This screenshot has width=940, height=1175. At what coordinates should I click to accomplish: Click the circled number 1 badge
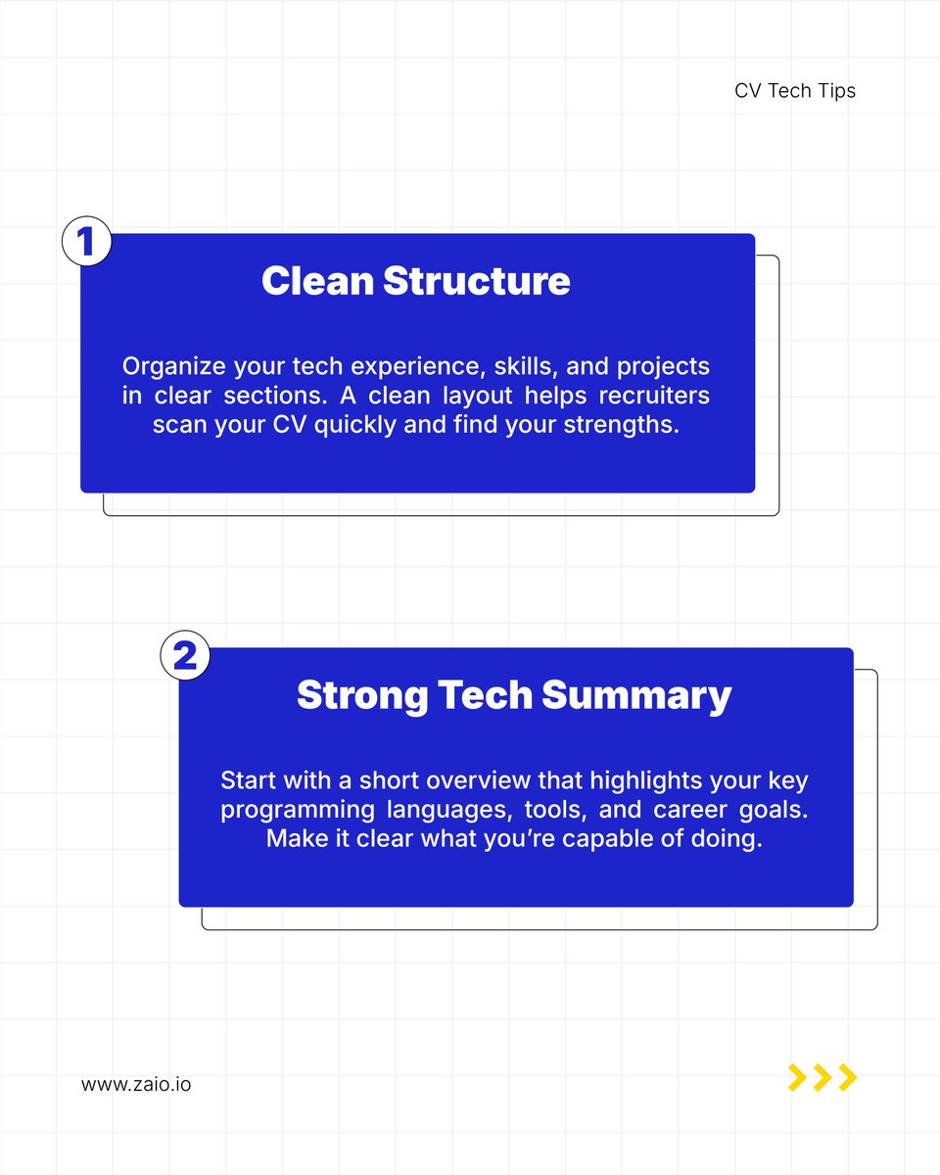pyautogui.click(x=86, y=242)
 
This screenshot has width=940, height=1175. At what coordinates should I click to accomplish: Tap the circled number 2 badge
pyautogui.click(x=185, y=655)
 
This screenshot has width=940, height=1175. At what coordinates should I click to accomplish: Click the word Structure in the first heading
pyautogui.click(x=476, y=281)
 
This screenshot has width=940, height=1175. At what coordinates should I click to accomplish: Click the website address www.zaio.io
pyautogui.click(x=136, y=1085)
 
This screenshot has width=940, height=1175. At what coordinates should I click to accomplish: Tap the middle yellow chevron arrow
pyautogui.click(x=822, y=1077)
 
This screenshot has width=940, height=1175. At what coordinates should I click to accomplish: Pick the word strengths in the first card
pyautogui.click(x=627, y=427)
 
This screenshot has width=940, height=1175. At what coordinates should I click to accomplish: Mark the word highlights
pyautogui.click(x=580, y=781)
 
